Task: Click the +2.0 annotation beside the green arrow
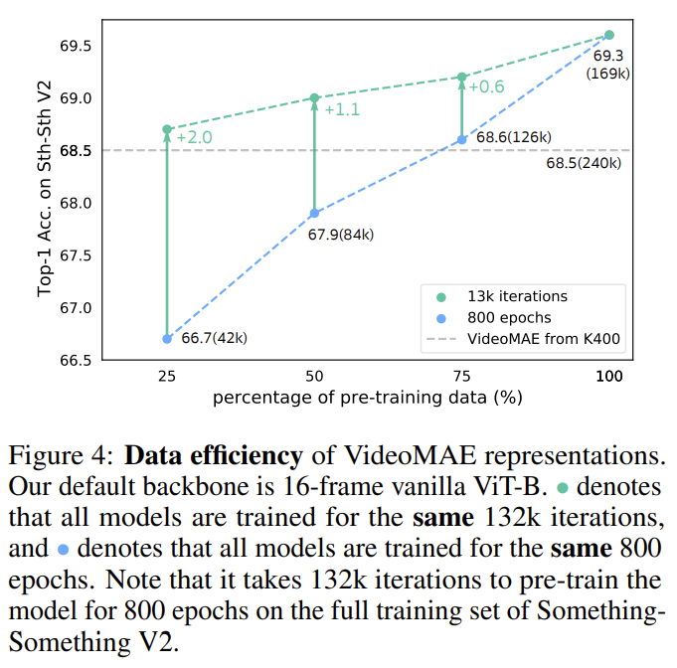click(194, 137)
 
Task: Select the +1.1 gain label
click(341, 109)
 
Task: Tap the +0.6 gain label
click(486, 87)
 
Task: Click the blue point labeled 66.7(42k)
click(167, 339)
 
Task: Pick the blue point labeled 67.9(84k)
click(314, 214)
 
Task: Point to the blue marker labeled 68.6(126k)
click(461, 140)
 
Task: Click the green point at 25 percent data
click(167, 129)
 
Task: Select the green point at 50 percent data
click(314, 97)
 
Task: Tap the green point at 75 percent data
click(461, 77)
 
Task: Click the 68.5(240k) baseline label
click(588, 164)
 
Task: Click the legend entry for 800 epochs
click(510, 317)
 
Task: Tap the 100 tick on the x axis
click(609, 379)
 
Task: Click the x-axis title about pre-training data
click(367, 399)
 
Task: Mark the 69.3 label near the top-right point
click(609, 57)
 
